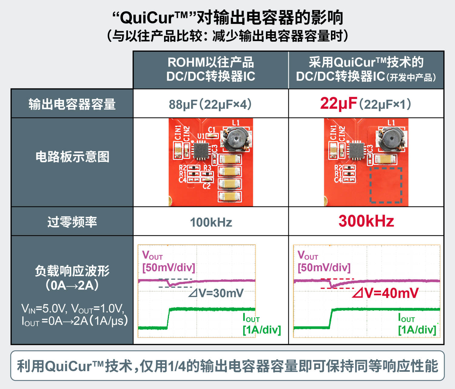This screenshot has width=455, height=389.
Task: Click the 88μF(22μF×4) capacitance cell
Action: click(210, 104)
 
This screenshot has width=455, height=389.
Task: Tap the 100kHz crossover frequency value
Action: click(211, 222)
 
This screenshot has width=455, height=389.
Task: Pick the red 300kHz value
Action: click(366, 221)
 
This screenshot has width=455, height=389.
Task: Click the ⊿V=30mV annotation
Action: click(216, 293)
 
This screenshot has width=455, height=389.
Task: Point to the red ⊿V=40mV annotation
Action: click(385, 293)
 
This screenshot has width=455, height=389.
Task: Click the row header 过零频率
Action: click(72, 222)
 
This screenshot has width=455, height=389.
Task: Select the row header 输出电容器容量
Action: click(72, 104)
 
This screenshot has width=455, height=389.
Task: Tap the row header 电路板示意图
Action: click(72, 157)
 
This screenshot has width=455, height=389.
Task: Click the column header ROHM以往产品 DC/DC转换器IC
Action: click(211, 69)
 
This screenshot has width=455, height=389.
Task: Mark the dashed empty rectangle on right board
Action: click(386, 185)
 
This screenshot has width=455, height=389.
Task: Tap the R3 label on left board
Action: click(207, 168)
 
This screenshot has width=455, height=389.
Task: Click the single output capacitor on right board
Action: click(385, 159)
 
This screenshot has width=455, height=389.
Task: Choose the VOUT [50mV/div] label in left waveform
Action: click(168, 261)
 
